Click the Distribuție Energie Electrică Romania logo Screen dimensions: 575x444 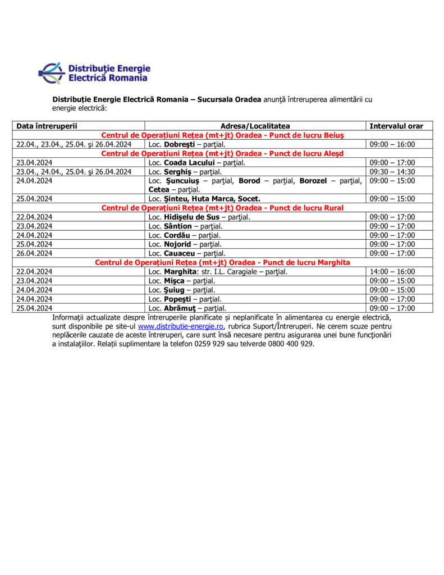[x=94, y=73]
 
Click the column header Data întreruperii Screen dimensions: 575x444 [x=47, y=126]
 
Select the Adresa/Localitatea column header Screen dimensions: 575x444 [x=255, y=126]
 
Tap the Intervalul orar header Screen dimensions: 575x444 [x=396, y=126]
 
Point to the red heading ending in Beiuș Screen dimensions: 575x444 [x=222, y=135]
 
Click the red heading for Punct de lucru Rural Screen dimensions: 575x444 [x=222, y=208]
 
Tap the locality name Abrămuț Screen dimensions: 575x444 [x=181, y=308]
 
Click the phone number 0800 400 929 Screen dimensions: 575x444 [x=292, y=344]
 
